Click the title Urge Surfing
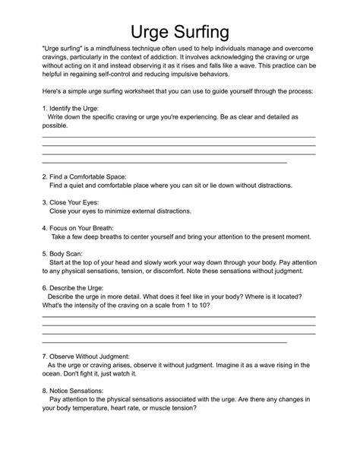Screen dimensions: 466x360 [x=179, y=31]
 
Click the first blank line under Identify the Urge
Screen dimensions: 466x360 [x=178, y=136]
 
